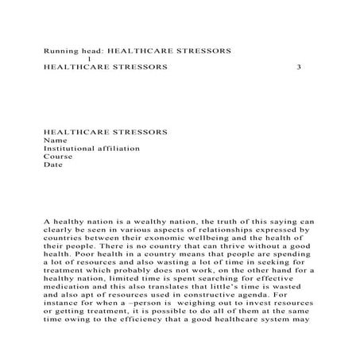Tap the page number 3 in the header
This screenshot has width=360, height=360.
click(297, 67)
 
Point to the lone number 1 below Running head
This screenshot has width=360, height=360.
click(89, 59)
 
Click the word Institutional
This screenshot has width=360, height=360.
click(71, 148)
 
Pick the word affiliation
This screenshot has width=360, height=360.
click(121, 148)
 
